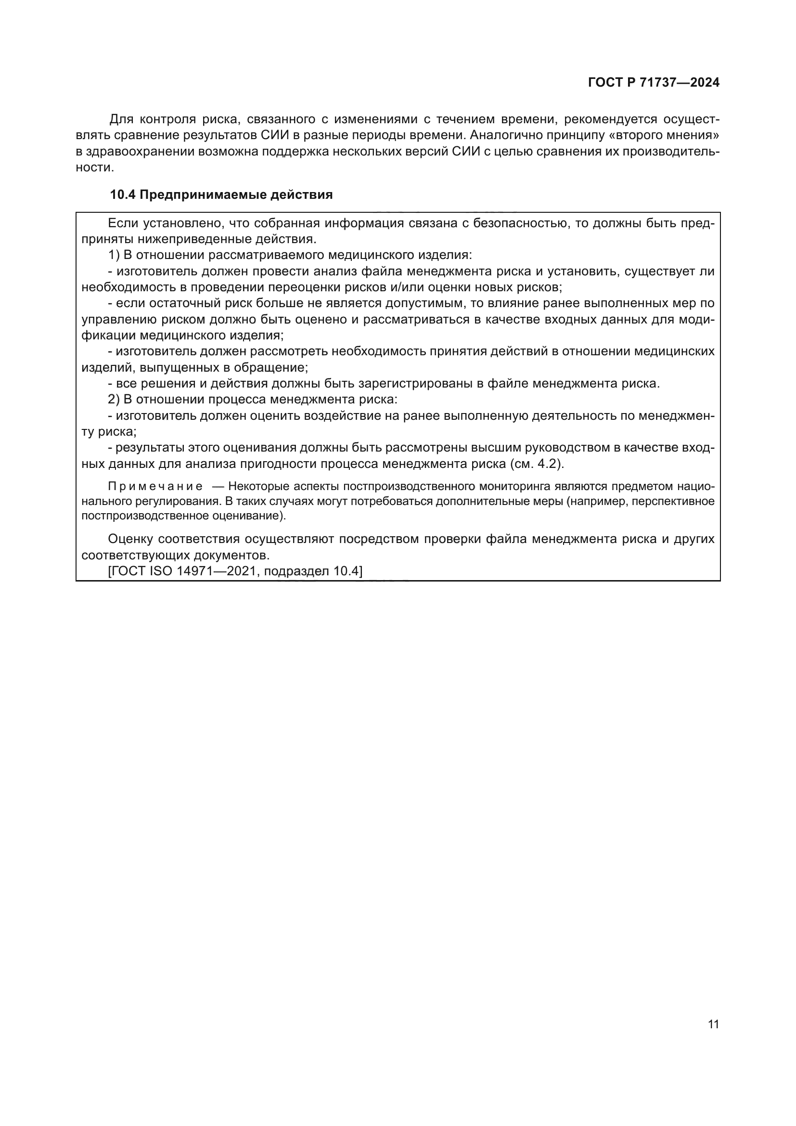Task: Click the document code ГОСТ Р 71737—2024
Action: tap(654, 82)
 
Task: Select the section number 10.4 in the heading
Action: tap(123, 194)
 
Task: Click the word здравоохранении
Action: tap(141, 151)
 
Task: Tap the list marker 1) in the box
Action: tap(114, 255)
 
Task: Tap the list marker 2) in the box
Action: tap(114, 399)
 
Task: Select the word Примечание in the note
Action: tap(155, 487)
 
